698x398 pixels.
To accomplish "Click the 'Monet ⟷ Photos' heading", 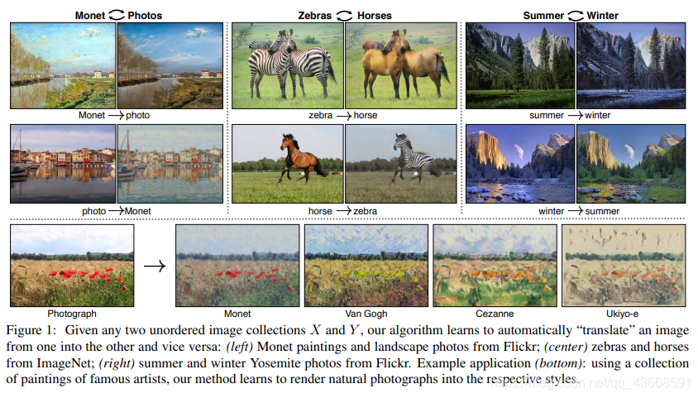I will click(118, 15).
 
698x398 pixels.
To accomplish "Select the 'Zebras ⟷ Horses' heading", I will click(345, 15).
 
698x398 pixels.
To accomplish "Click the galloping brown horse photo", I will click(287, 164).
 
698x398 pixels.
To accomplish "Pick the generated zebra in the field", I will click(400, 164).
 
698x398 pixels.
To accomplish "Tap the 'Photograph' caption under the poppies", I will click(72, 314).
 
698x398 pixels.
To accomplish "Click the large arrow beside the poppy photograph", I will click(154, 266).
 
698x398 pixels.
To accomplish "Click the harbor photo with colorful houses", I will click(63, 164).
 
